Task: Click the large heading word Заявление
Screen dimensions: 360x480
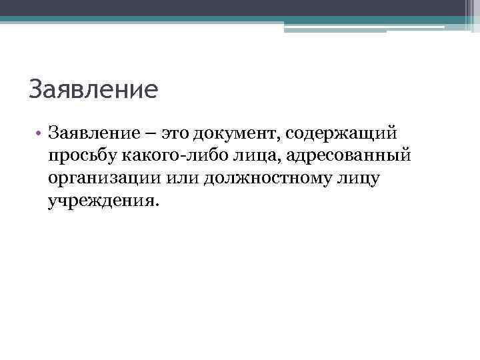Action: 93,89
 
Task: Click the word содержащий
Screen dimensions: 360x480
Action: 342,134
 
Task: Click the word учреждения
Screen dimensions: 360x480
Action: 101,201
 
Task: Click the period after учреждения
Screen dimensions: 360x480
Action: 158,205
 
